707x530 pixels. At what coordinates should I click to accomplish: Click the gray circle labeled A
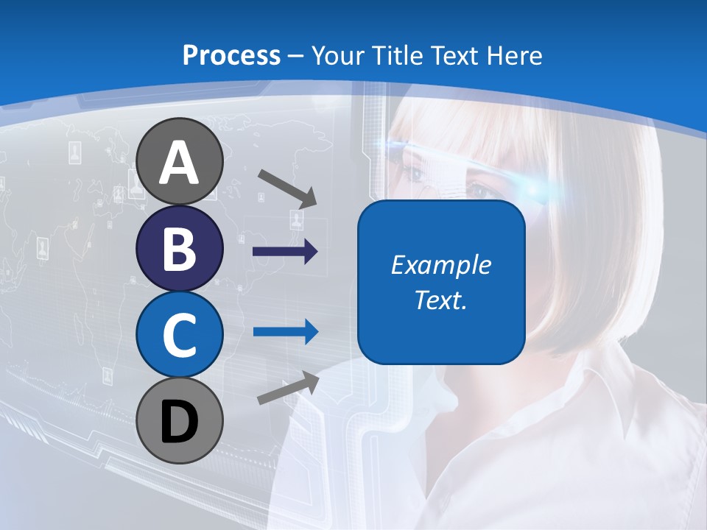coord(179,162)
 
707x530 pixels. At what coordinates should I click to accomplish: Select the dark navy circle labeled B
coord(179,249)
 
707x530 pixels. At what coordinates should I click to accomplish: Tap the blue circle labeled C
coord(179,334)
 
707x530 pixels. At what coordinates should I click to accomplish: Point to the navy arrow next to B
coord(285,252)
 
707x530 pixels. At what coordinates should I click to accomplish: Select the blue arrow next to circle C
coord(285,332)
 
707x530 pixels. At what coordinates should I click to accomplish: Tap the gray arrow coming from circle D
coord(288,388)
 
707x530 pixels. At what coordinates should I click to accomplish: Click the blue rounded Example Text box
coord(441,282)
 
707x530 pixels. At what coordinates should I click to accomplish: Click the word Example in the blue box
coord(441,265)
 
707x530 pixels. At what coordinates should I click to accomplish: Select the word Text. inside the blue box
coord(441,300)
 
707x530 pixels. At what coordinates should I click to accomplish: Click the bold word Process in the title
coord(231,55)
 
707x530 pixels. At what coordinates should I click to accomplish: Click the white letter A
coord(179,163)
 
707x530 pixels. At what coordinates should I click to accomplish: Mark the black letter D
coord(179,421)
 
